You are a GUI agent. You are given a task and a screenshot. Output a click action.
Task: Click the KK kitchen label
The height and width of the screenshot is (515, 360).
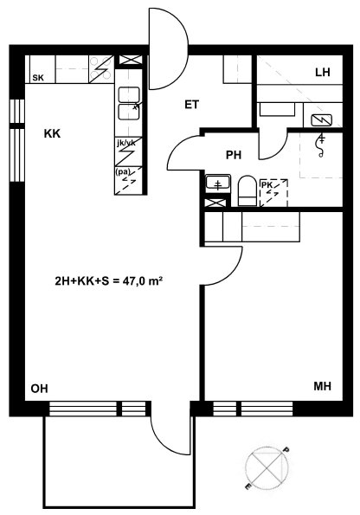53,133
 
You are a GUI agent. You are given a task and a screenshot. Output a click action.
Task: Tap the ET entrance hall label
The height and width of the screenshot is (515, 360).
192,105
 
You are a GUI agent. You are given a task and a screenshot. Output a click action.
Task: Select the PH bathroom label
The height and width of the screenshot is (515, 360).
234,155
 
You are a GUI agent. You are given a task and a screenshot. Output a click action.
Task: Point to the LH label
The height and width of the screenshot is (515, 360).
323,72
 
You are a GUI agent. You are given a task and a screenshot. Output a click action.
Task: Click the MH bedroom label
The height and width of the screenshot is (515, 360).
322,386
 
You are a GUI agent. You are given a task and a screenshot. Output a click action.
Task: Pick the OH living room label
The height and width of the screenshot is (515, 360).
40,389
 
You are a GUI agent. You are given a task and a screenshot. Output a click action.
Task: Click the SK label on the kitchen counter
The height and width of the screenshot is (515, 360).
38,78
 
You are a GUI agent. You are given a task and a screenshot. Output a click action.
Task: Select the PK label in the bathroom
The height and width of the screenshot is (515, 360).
267,185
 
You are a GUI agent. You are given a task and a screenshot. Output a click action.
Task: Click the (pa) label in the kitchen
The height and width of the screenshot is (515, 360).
123,171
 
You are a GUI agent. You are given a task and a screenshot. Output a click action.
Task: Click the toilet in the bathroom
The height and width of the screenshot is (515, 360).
247,190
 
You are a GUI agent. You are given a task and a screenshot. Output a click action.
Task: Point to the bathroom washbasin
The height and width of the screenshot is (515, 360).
218,183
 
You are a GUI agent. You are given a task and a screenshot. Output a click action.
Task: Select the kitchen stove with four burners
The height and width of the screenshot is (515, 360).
101,69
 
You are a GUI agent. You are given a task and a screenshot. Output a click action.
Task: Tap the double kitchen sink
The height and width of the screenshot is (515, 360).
129,104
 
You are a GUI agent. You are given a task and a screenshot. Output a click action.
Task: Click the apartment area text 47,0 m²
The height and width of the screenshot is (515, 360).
143,280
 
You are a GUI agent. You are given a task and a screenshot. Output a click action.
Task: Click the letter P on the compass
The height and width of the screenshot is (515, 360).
286,449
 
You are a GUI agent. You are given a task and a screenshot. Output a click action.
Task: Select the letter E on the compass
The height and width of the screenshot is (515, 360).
248,486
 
